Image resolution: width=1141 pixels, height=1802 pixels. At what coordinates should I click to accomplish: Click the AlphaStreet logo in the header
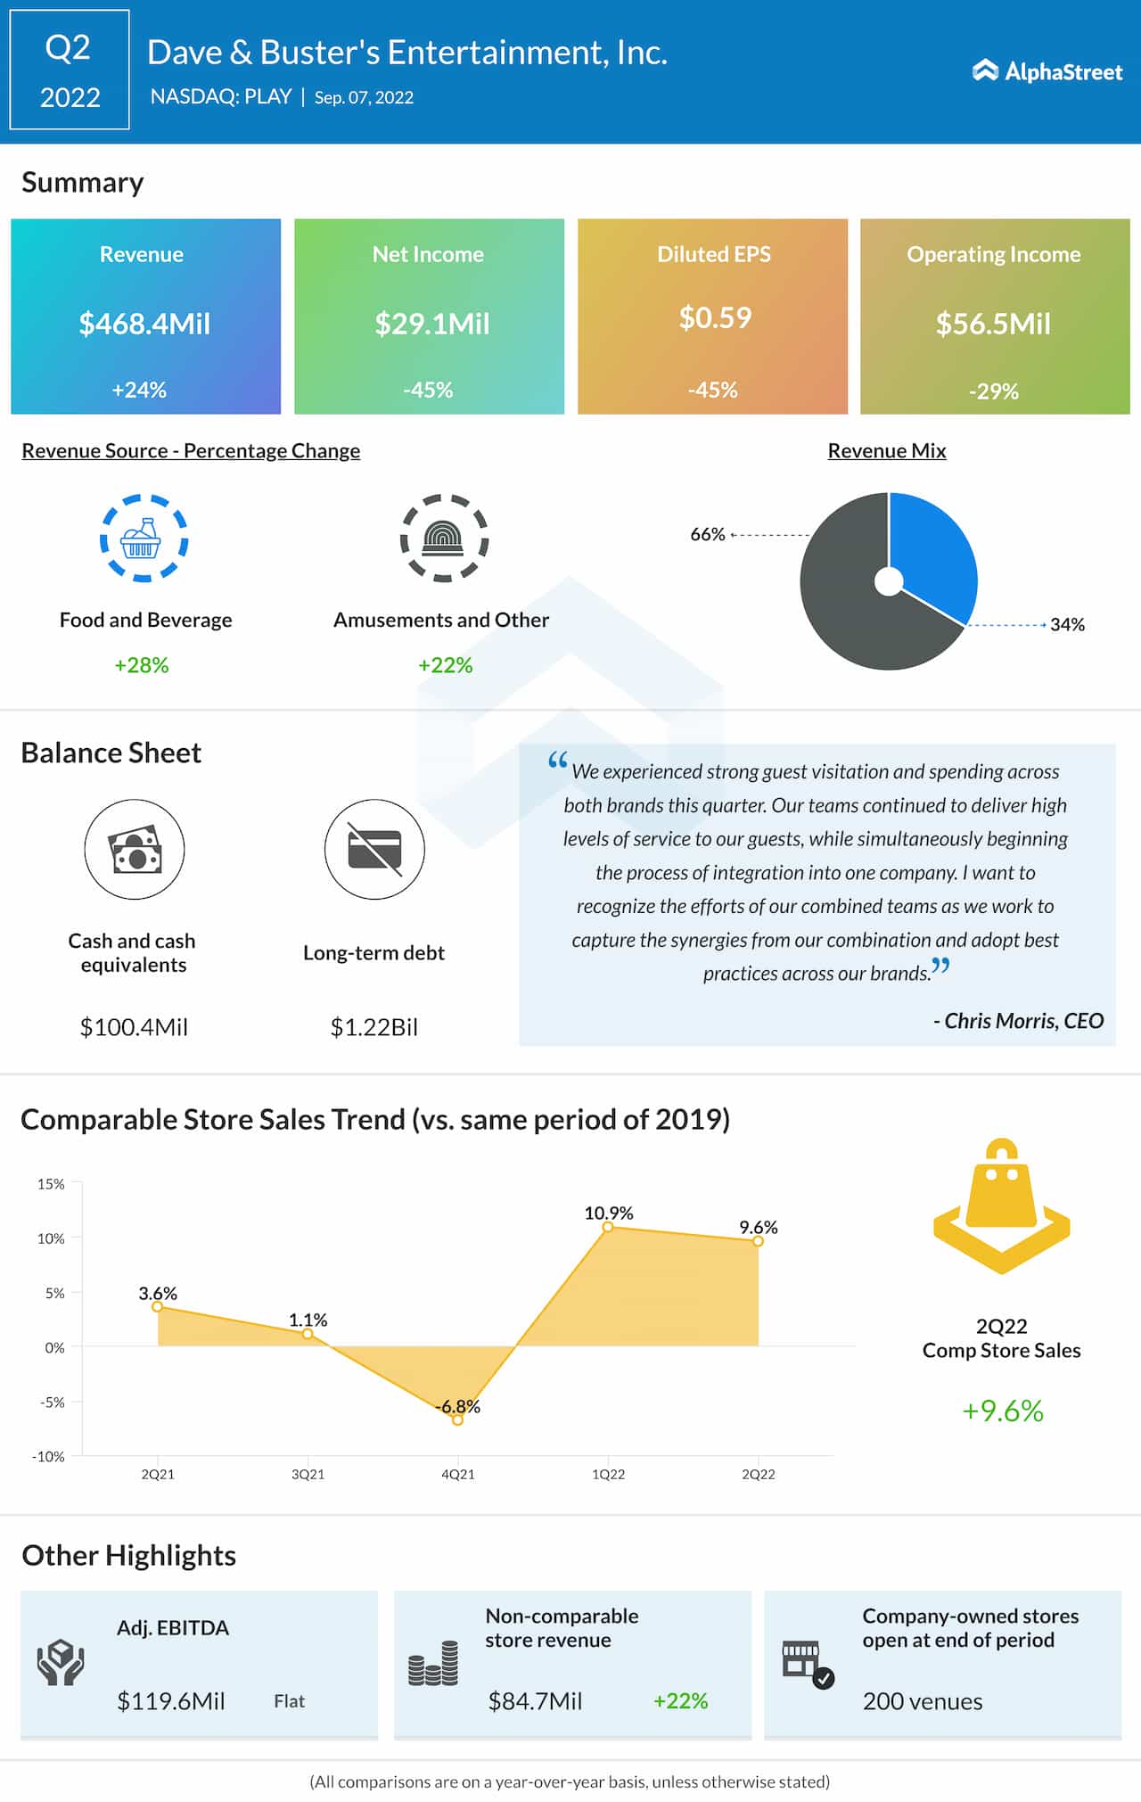(x=1047, y=71)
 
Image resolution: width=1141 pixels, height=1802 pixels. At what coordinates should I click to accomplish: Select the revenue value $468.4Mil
(x=144, y=324)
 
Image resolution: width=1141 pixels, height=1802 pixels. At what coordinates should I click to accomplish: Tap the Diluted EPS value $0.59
(x=715, y=317)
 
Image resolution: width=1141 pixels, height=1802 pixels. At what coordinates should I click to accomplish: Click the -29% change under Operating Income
(x=993, y=391)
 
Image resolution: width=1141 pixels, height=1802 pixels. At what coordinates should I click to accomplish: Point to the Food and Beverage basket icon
(x=143, y=539)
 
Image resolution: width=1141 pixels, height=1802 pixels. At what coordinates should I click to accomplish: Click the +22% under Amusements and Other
(x=445, y=665)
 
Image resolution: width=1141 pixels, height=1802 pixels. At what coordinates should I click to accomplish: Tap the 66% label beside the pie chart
(x=707, y=534)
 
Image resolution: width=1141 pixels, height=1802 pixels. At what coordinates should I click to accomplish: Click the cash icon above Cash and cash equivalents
(x=135, y=849)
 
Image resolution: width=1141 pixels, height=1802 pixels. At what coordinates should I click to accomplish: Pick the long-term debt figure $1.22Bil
(x=373, y=1027)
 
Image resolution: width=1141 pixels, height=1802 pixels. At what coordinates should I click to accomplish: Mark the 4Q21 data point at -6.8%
(x=457, y=1419)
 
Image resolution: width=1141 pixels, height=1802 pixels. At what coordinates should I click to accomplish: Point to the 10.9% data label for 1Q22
(x=609, y=1213)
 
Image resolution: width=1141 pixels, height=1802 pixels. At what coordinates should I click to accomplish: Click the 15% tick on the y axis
(x=51, y=1184)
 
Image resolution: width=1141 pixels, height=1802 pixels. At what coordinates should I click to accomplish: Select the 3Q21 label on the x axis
(x=308, y=1475)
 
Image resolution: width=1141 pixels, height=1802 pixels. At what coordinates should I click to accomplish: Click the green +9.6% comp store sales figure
(x=1002, y=1411)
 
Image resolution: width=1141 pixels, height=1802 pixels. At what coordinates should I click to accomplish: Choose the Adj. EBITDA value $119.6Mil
(x=170, y=1701)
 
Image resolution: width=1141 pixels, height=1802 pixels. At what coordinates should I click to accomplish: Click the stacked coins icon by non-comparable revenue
(x=433, y=1664)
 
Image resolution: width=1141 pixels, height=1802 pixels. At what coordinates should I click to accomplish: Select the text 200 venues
(x=922, y=1701)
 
